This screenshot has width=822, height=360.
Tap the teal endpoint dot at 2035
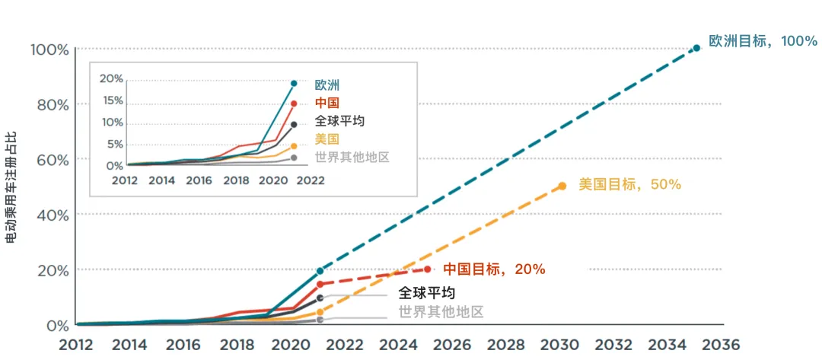coord(696,48)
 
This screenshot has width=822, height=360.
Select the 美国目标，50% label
coord(629,184)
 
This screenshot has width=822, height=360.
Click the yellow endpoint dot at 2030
coord(562,186)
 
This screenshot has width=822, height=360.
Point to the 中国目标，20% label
coord(494,269)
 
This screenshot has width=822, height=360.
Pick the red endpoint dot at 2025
coord(428,269)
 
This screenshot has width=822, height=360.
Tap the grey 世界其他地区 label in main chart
coord(441,311)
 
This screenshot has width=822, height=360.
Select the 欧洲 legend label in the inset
coord(327,85)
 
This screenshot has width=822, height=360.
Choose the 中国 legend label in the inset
coord(327,104)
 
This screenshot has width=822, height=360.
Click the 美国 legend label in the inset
coord(327,139)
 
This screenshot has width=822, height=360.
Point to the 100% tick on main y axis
coord(49,49)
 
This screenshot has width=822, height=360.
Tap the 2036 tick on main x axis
coord(721,344)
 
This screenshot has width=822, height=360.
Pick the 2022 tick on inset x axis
coord(311,180)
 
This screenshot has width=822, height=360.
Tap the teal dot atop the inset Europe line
coord(294,83)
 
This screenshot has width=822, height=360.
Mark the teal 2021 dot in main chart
coord(320,271)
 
